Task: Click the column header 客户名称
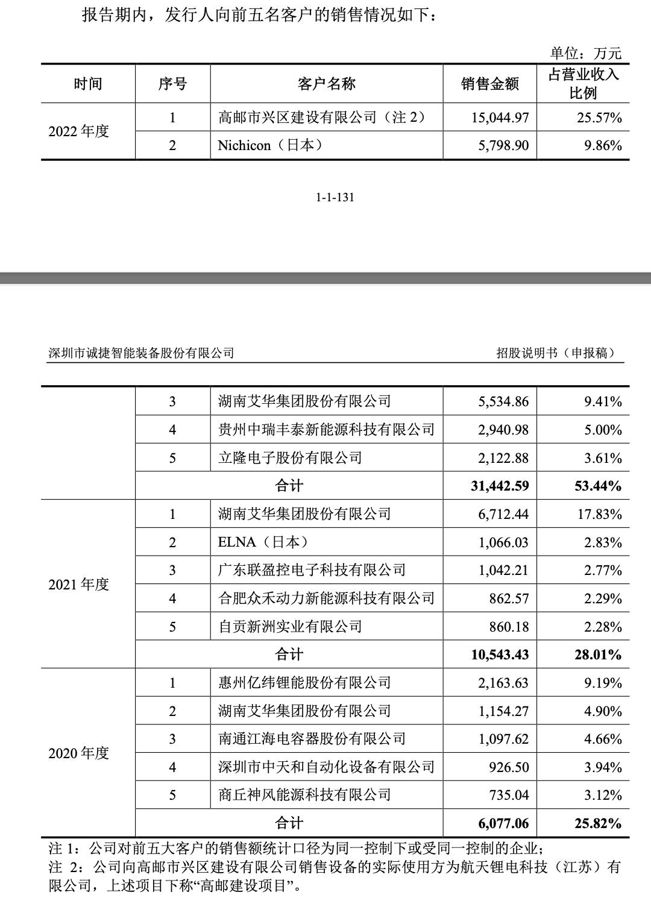click(326, 84)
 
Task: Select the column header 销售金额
click(489, 84)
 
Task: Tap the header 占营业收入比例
click(583, 84)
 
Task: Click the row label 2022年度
click(79, 131)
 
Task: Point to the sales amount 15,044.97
click(500, 117)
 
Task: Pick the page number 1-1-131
click(335, 198)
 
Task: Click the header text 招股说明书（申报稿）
click(557, 353)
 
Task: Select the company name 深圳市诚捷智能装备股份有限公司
click(141, 353)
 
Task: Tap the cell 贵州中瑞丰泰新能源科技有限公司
click(326, 430)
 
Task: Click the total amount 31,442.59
click(500, 486)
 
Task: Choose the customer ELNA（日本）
click(263, 542)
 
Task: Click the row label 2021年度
click(79, 584)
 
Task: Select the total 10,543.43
click(500, 655)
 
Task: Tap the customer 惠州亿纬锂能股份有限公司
click(304, 683)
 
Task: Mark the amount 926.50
click(509, 767)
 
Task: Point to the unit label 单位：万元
click(585, 53)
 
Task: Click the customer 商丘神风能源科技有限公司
click(304, 795)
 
